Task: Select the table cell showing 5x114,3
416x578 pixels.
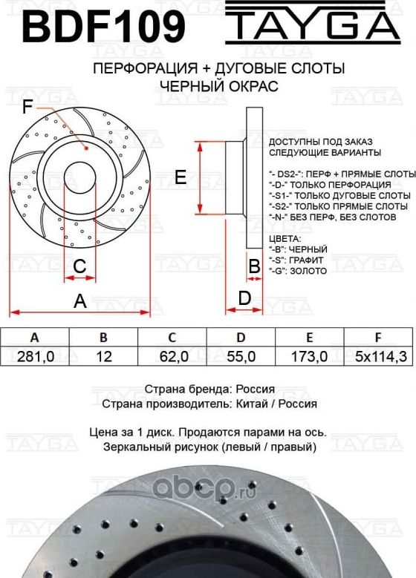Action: (380, 357)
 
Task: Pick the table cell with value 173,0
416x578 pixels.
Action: (311, 357)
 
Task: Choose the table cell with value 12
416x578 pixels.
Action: (104, 357)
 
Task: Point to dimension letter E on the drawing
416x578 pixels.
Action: (180, 177)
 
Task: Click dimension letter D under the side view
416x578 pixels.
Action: (244, 298)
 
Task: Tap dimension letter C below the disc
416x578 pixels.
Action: (80, 266)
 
